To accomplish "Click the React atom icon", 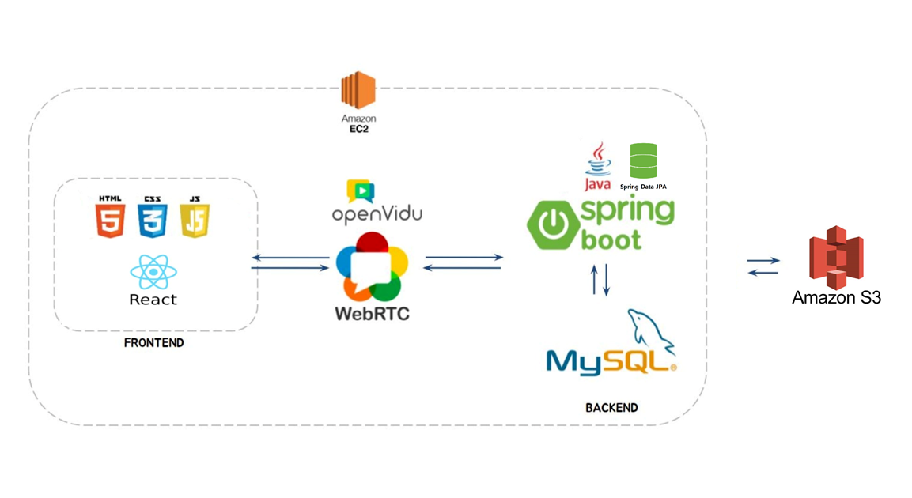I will click(x=153, y=273).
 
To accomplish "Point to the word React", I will click(x=153, y=300).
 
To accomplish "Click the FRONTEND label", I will click(x=153, y=343).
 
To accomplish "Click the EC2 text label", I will click(x=358, y=129).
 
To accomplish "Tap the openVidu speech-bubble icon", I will click(x=360, y=191).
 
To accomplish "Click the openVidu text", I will click(x=377, y=215).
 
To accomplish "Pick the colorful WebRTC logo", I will click(x=372, y=266).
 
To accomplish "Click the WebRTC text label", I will click(x=372, y=313).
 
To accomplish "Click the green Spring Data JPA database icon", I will click(x=643, y=160).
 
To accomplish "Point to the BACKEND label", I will click(x=611, y=408).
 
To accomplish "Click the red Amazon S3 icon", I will click(x=836, y=257).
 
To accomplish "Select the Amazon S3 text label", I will click(x=836, y=298).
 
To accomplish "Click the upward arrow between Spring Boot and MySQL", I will click(x=595, y=280).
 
